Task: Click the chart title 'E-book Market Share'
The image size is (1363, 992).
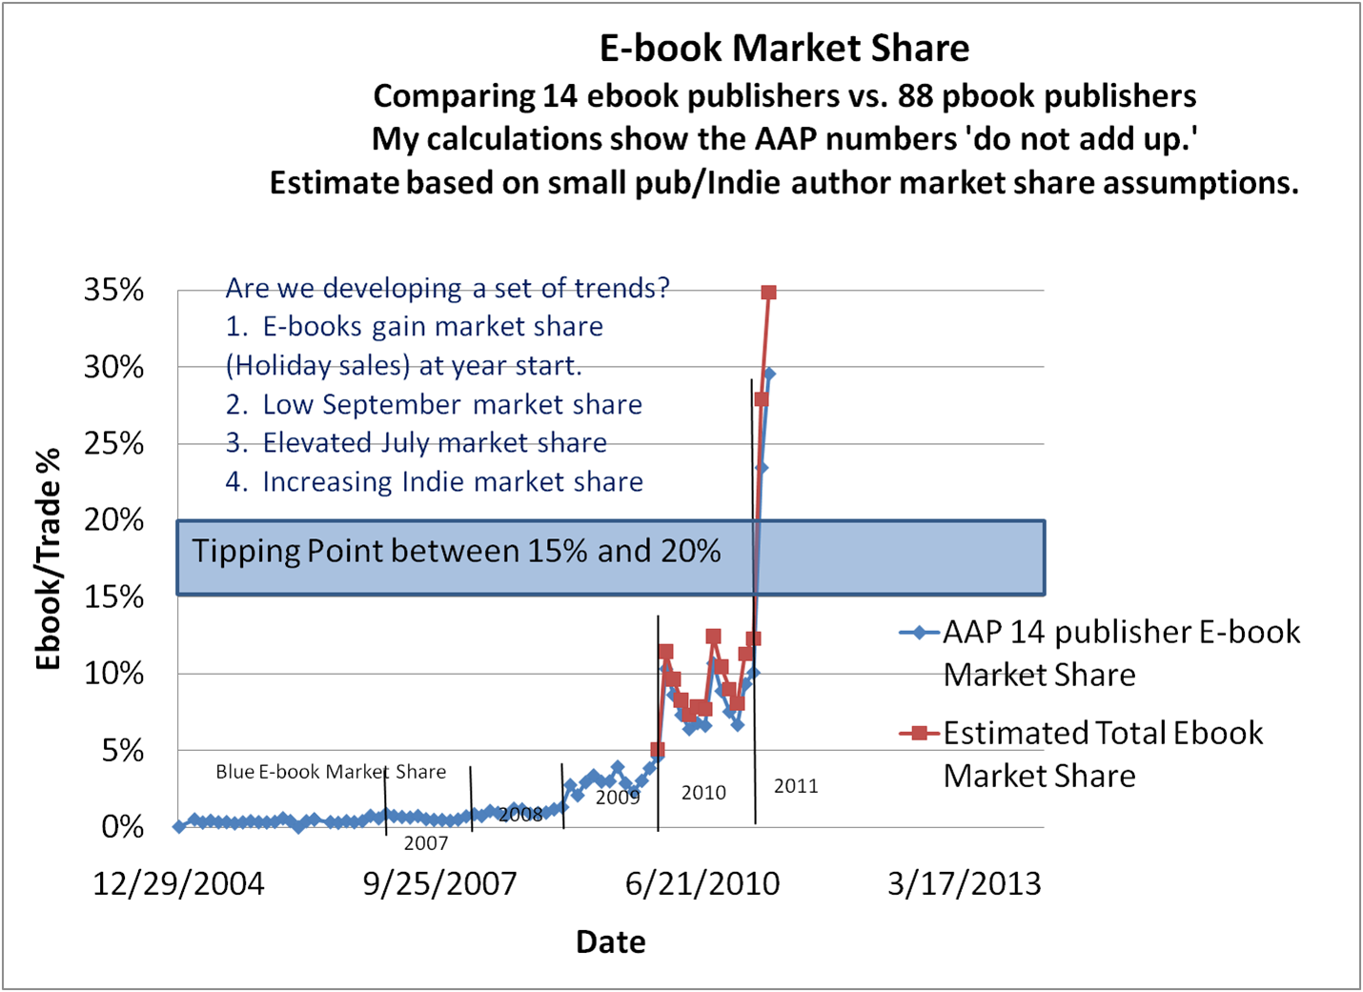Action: pos(783,49)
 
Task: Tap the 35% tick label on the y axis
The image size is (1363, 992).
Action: pos(113,290)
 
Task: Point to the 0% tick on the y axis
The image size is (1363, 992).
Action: pos(123,826)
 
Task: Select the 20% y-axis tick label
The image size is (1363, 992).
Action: pos(113,520)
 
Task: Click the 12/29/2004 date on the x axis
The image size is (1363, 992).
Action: pos(178,884)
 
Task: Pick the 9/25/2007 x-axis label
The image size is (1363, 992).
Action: pos(439,884)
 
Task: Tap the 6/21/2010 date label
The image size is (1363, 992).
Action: pos(702,884)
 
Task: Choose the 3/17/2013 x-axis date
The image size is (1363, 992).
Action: pos(964,884)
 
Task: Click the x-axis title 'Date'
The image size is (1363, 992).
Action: pos(611,942)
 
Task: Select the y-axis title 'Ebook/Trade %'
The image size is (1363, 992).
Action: pos(48,558)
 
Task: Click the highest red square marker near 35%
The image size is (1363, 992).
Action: pos(769,293)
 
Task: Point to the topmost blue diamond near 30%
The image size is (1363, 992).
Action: pos(769,374)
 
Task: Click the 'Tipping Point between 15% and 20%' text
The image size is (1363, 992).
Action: pos(457,551)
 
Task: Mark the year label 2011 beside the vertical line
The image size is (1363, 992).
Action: pos(796,786)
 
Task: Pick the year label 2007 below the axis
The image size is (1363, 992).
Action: pos(425,843)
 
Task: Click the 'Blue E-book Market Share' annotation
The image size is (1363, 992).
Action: pos(331,772)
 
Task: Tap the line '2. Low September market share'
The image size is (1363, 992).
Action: pos(434,405)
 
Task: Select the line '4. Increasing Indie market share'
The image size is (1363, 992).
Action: pos(434,482)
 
